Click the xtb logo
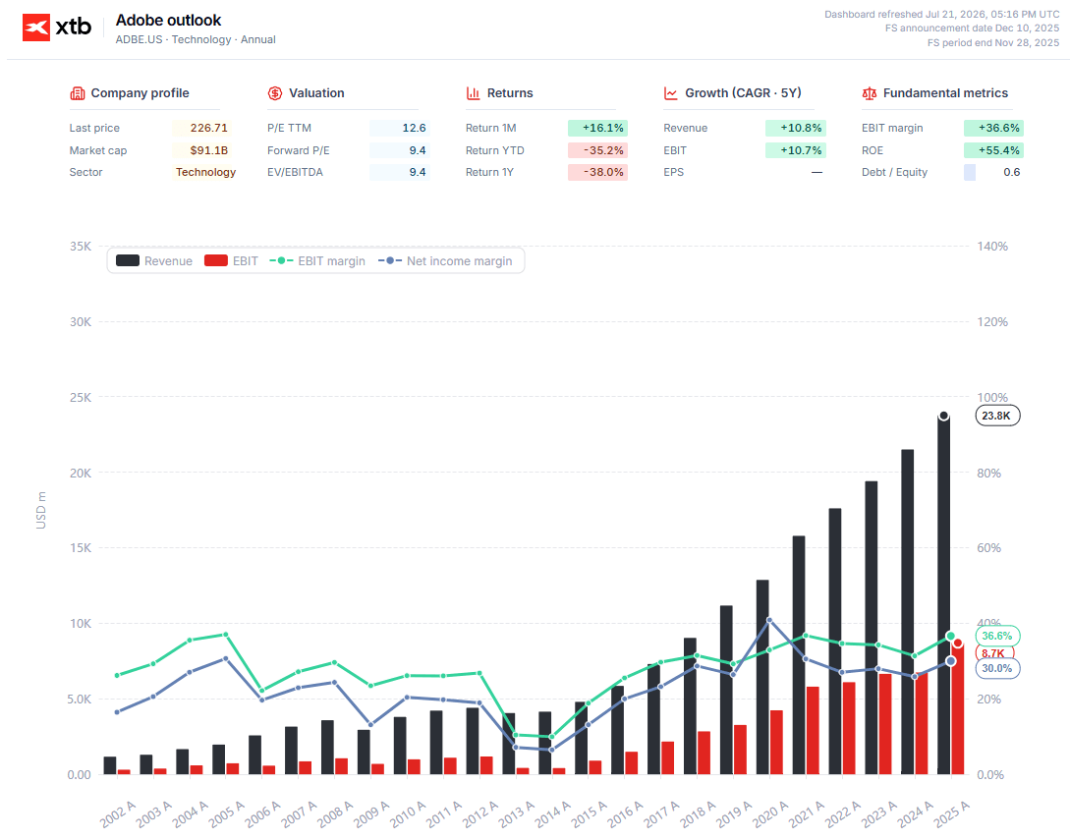pos(57,28)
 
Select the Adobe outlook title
pos(169,21)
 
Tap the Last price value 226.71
pos(209,128)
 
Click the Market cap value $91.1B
pos(209,150)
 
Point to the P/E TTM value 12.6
pos(414,128)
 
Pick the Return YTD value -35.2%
pos(603,150)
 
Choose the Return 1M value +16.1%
pos(603,128)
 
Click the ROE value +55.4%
pos(999,150)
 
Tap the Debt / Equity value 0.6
pos(1011,172)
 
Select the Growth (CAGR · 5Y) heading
pos(743,92)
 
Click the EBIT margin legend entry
pos(317,260)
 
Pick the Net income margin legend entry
pos(445,260)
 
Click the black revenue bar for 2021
pos(799,655)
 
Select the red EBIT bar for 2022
pos(849,728)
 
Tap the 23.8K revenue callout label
pos(997,416)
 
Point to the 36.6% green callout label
pos(997,636)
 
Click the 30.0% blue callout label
pos(997,668)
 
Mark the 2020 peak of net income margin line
pos(769,620)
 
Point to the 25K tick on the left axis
pos(81,397)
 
